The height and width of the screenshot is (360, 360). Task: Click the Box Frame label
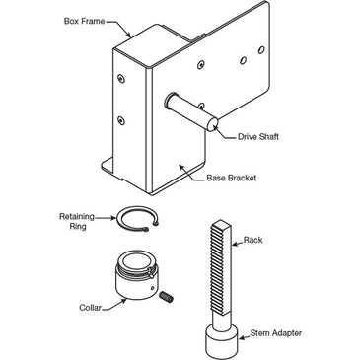pos(84,22)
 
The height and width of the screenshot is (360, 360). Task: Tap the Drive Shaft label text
pos(258,137)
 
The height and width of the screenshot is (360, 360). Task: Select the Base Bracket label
pos(232,178)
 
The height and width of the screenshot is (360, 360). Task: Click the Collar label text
pos(90,308)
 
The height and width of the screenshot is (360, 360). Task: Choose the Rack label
pos(252,240)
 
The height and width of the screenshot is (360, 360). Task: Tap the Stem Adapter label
pos(276,333)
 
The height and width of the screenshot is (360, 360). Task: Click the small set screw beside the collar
pos(168,296)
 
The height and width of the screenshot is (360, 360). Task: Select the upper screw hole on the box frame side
pos(121,79)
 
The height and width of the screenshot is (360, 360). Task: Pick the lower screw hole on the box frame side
pos(121,120)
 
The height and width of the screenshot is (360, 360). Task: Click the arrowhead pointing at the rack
pos(234,244)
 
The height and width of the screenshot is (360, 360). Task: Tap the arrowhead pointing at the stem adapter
pos(240,337)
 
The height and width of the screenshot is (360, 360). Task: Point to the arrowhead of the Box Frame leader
pos(128,35)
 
